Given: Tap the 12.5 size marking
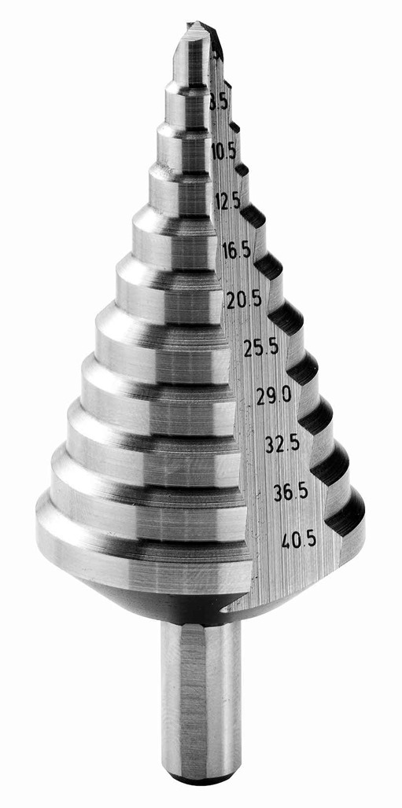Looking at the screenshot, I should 228,201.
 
